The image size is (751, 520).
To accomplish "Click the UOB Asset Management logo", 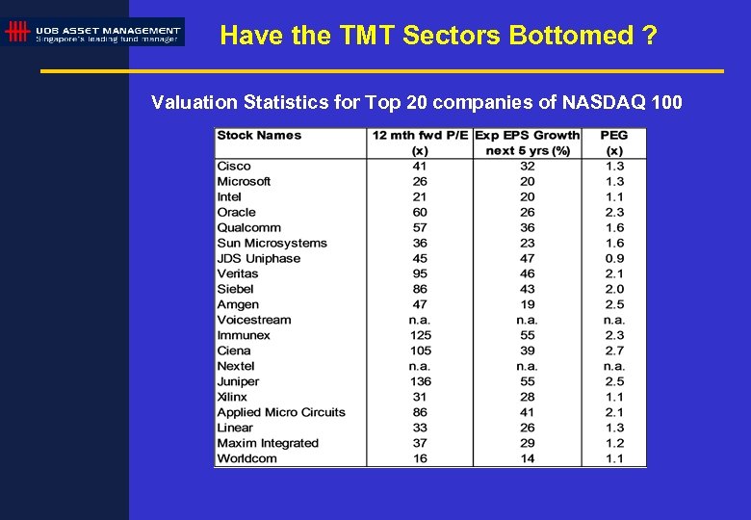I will coord(93,32).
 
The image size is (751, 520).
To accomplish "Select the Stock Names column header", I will coord(259,136).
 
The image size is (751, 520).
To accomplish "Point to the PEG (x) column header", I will coord(613,143).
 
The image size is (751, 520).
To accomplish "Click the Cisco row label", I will coord(234,166).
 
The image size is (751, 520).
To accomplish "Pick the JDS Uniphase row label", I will coord(259,258).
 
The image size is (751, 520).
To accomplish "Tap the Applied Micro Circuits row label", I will coord(281,412).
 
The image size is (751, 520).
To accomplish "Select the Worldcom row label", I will coord(246,458).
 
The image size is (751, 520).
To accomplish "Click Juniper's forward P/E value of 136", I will coord(420,381).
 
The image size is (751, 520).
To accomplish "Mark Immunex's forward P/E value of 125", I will coord(420,335).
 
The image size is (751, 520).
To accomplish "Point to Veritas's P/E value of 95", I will coord(420,273).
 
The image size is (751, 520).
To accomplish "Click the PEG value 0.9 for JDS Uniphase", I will coord(614,258).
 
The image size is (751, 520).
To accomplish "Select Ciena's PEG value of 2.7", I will coord(614,351).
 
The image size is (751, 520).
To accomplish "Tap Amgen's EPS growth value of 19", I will coord(527,304).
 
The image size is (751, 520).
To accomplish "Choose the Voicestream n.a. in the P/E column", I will coord(420,320).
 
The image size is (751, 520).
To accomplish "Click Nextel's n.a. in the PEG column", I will coord(614,366).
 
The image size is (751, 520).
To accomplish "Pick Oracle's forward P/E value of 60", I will coord(420,212).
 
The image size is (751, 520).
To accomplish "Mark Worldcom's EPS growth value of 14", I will coord(527,458).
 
